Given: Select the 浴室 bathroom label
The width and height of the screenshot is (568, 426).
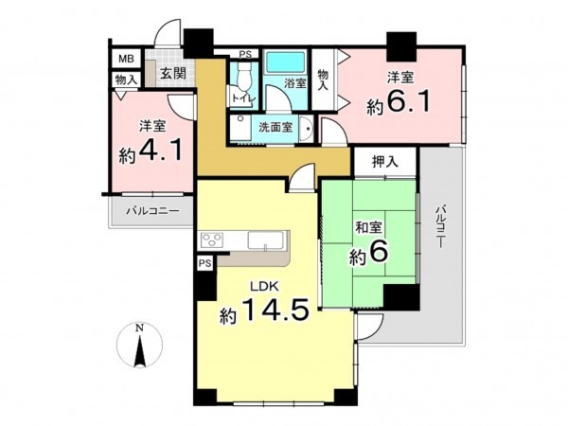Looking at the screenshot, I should pyautogui.click(x=295, y=84).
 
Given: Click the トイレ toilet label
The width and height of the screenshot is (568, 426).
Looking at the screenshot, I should pyautogui.click(x=242, y=97).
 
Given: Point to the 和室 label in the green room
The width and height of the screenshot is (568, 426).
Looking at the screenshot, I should pyautogui.click(x=369, y=226).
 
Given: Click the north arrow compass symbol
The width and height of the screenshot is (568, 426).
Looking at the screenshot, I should pyautogui.click(x=140, y=347).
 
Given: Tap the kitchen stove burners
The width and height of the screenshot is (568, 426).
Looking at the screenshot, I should pyautogui.click(x=211, y=240).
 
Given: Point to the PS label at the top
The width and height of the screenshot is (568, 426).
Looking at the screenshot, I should pyautogui.click(x=244, y=54).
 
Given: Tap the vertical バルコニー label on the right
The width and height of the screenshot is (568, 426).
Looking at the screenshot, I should pyautogui.click(x=441, y=233).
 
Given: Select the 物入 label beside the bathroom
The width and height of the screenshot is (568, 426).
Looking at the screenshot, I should pyautogui.click(x=323, y=80).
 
